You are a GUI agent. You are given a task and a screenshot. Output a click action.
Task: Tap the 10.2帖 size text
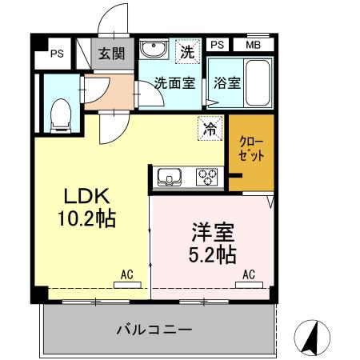click(86, 218)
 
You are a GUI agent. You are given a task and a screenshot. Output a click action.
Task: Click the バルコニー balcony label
click(153, 329)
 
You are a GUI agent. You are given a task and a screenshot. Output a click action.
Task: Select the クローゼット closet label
click(252, 149)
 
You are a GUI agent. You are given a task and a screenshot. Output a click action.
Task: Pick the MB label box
click(254, 46)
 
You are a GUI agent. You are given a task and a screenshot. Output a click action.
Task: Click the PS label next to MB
click(218, 46)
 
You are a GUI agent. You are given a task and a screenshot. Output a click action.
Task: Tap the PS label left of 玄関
click(56, 54)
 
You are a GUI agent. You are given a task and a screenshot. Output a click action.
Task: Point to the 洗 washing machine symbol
click(186, 52)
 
